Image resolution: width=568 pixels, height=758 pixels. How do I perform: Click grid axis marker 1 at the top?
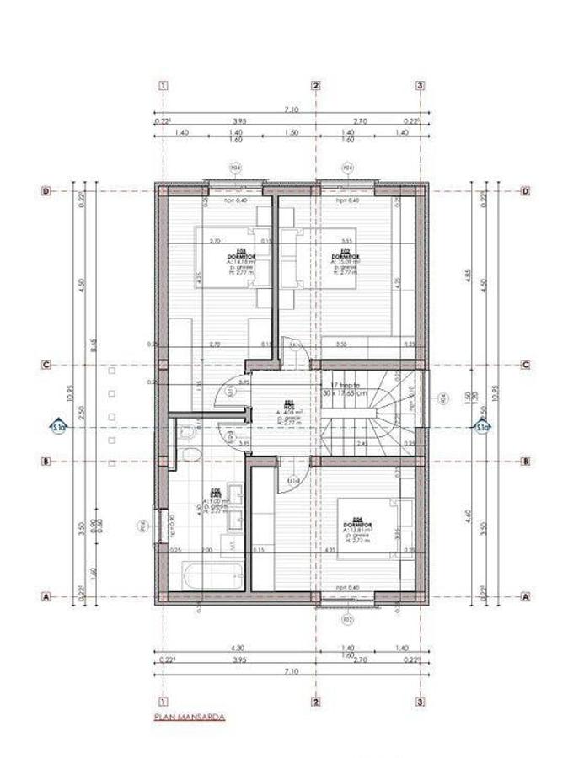pos(162,85)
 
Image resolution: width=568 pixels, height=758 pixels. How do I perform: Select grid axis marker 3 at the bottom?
pos(420,701)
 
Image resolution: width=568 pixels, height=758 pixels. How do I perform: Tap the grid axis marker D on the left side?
pos(46,191)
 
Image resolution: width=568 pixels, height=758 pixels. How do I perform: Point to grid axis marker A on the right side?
pos(526,596)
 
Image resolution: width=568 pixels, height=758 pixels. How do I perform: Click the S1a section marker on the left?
pos(56,426)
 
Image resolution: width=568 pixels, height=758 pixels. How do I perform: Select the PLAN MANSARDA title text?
pos(190,718)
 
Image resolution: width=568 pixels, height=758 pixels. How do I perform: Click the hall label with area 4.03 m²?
pos(288,408)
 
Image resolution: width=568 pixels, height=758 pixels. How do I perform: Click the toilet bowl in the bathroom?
pos(191,456)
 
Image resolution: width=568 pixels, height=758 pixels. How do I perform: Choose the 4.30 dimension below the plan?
pos(237,647)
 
